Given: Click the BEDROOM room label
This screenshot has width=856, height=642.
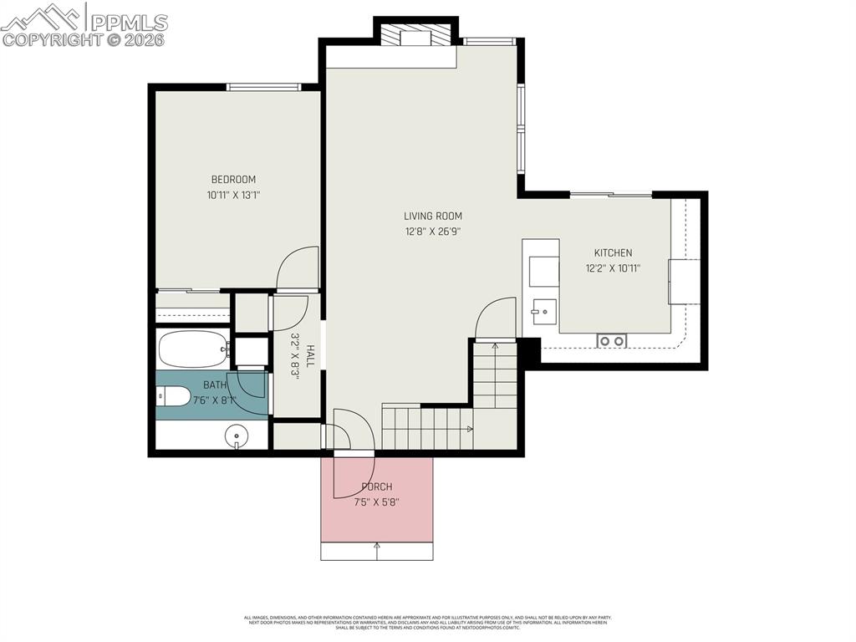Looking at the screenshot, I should tap(233, 179).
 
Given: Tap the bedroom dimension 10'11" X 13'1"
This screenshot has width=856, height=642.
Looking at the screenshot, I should tap(233, 195).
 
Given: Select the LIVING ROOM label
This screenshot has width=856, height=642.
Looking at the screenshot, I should tap(433, 216).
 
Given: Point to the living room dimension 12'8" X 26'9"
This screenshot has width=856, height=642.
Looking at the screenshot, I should tap(433, 232).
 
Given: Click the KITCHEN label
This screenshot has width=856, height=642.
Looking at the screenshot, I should tap(613, 252).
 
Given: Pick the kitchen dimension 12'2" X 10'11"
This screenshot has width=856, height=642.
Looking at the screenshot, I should tap(613, 268).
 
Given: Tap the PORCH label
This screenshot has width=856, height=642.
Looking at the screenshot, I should tap(376, 487).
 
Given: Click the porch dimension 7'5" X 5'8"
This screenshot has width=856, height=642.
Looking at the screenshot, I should tap(376, 502).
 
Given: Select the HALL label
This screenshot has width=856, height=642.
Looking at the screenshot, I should tap(310, 356).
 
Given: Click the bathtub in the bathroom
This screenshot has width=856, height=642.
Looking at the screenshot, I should tap(193, 349).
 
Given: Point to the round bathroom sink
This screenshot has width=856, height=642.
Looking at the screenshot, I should tap(238, 435).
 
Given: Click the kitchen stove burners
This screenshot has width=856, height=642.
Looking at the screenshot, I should tap(612, 340).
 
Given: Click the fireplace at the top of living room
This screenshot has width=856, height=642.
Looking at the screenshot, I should tap(415, 38).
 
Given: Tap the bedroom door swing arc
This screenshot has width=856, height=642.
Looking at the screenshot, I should tap(297, 266).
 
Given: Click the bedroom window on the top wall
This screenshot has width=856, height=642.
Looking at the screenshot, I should tap(264, 86).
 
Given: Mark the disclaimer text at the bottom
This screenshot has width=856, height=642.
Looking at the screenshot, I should tap(428, 623).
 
